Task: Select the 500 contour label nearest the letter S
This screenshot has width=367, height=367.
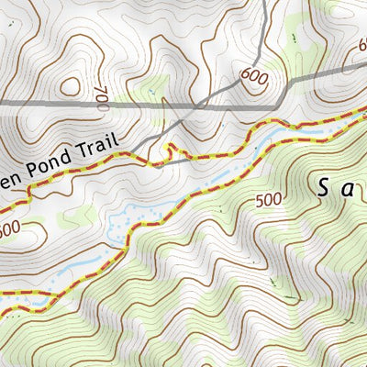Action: (269, 200)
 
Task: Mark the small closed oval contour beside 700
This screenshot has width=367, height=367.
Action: (70, 88)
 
